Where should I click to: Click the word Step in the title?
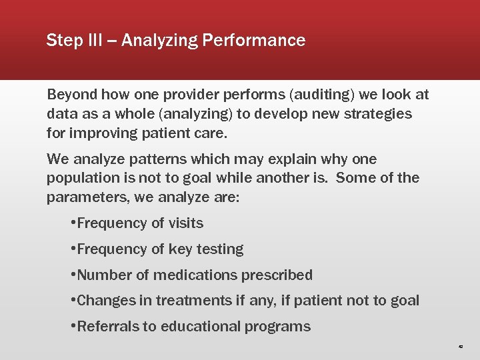coord(61,41)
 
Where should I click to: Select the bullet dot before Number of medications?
coord(72,275)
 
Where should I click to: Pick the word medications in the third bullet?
coord(213,275)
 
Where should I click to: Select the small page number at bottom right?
coord(460,347)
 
